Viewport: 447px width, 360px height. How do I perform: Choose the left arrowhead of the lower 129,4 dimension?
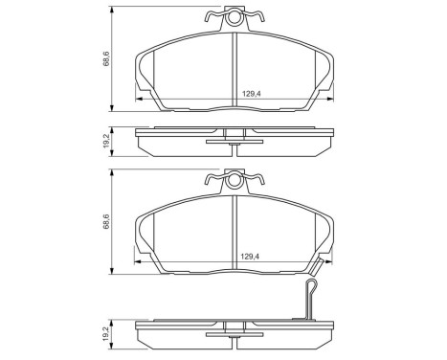[141, 262]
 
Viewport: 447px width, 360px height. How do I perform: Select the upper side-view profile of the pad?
[235, 140]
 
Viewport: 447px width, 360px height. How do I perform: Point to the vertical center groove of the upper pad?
[235, 67]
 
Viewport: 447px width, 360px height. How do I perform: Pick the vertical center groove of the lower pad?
[235, 230]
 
